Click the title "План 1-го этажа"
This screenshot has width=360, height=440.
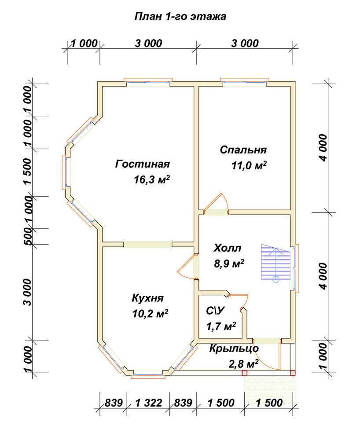(180, 16)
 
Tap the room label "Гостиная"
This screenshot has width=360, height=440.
(143, 164)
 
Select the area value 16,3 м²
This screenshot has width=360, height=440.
(152, 180)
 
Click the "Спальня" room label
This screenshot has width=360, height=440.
(243, 150)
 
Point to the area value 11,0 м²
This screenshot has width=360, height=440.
(249, 165)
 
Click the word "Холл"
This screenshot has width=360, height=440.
(227, 248)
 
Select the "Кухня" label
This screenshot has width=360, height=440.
(147, 298)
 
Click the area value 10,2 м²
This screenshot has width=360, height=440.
(150, 314)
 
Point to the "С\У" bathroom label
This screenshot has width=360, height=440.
(216, 311)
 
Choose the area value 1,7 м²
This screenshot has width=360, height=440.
(221, 326)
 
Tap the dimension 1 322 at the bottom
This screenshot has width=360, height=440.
(148, 403)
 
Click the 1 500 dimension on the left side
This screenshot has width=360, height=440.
(27, 171)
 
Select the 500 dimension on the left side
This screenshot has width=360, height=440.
(27, 236)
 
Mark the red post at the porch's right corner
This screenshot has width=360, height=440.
(293, 373)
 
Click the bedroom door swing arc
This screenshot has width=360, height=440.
(225, 199)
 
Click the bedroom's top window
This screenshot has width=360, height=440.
(244, 82)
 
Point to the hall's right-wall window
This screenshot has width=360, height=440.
(295, 268)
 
